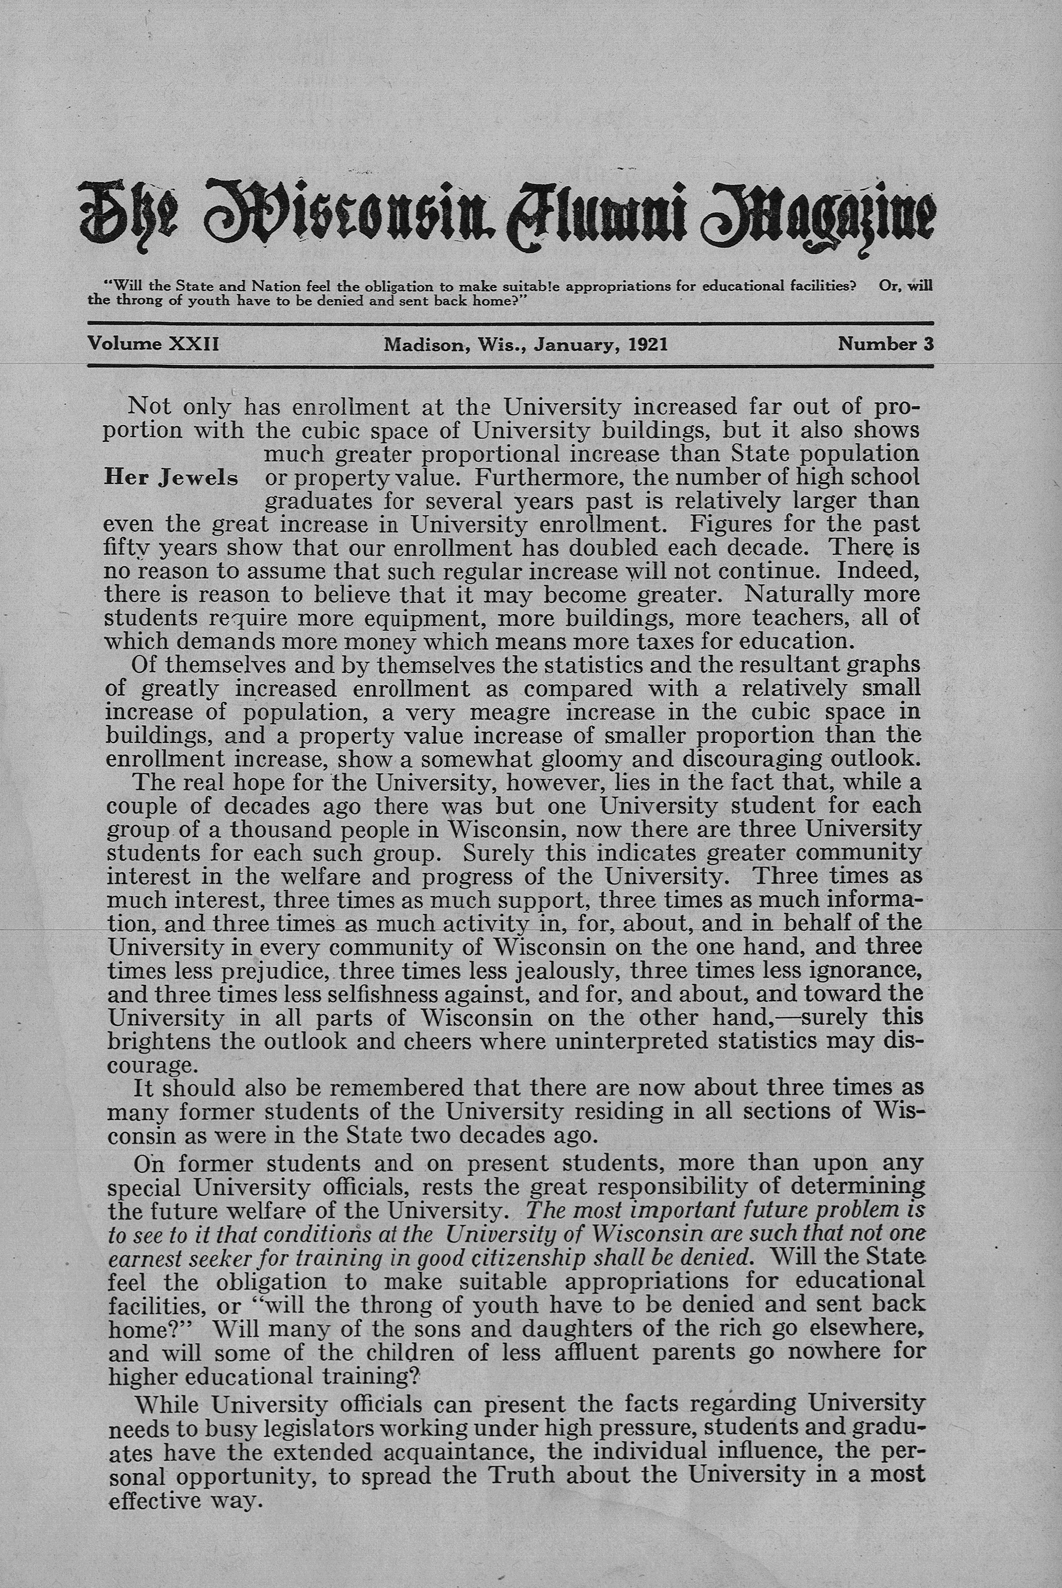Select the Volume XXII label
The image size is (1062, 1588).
pyautogui.click(x=153, y=344)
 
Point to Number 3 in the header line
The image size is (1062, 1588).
pyautogui.click(x=885, y=344)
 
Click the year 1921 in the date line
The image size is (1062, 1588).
pyautogui.click(x=648, y=345)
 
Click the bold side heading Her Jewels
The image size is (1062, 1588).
pyautogui.click(x=171, y=478)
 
